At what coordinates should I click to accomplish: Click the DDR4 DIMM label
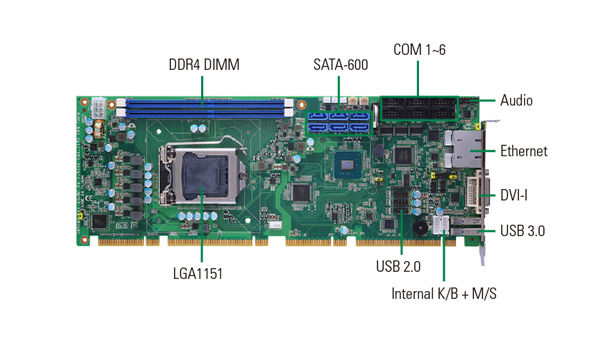pos(204,65)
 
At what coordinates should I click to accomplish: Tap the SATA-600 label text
pos(341,65)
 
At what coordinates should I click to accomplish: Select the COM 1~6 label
pos(419,50)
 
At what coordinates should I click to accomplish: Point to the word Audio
pos(516,101)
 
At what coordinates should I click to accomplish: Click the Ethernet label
pos(523,151)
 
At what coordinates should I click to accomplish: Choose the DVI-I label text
pos(514,195)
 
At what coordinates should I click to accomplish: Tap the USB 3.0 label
pos(522,231)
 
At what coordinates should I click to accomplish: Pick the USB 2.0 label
pos(398,267)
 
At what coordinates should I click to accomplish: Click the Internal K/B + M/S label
pos(444,294)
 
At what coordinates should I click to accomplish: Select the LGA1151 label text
pos(197,274)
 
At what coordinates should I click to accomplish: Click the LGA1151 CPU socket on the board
pos(202,174)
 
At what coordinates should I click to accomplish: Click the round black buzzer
pos(420,227)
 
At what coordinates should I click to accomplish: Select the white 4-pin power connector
pos(98,108)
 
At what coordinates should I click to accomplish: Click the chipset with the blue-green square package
pos(347,165)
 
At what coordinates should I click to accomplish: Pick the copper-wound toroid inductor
pos(99,129)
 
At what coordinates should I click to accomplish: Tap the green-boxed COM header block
pos(419,109)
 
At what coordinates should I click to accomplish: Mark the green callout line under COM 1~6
pos(418,79)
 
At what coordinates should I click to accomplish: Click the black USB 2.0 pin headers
pos(400,201)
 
